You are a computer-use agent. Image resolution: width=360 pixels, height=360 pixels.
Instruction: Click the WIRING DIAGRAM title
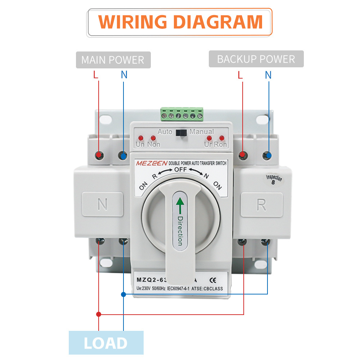(180, 22)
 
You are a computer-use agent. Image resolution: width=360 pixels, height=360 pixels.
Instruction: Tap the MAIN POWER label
(113, 60)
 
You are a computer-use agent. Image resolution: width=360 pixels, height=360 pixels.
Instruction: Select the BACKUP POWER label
(256, 59)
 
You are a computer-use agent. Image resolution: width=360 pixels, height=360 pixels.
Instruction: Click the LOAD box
(106, 343)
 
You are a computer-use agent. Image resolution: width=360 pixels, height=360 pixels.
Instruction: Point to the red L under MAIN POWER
(95, 75)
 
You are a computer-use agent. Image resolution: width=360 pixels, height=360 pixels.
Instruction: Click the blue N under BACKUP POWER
(268, 75)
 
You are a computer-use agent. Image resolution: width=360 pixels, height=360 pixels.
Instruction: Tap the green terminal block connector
(182, 114)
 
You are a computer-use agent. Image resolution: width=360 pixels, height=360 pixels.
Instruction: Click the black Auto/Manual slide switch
(181, 132)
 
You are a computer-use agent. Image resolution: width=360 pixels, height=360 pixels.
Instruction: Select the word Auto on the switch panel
(165, 132)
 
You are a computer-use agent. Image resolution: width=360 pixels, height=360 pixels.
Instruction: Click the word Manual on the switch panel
(202, 132)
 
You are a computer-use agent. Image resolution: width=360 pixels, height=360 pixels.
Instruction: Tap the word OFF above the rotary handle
(181, 169)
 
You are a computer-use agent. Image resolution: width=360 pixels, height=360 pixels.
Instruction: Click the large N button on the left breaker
(103, 204)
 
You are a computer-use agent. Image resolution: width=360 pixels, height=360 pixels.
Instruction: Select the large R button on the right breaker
(261, 204)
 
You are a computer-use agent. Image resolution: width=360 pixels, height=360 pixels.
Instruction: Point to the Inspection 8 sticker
(274, 179)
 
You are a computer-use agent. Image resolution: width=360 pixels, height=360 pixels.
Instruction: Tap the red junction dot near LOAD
(99, 314)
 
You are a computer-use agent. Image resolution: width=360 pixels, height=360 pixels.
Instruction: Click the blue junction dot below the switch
(123, 294)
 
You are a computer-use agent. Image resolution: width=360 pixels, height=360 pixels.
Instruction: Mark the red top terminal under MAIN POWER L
(99, 156)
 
